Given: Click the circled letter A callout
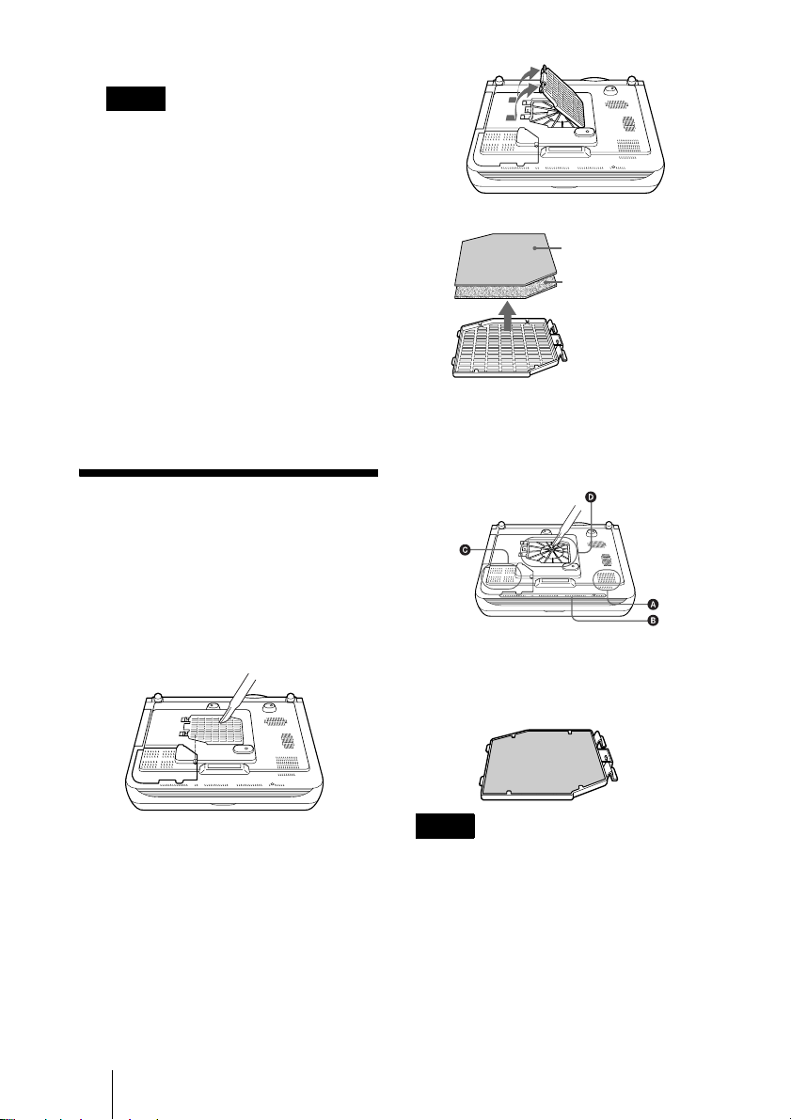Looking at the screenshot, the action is tap(653, 605).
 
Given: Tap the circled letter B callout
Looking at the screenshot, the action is tap(653, 621).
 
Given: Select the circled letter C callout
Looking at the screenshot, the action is tap(466, 549).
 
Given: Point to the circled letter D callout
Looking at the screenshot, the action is tap(591, 497).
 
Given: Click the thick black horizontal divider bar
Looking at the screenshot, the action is tap(228, 473).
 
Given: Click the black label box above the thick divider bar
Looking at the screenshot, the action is tap(135, 99).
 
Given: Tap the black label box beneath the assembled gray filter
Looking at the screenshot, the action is tap(445, 826).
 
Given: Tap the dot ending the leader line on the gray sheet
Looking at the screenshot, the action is tap(534, 247).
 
